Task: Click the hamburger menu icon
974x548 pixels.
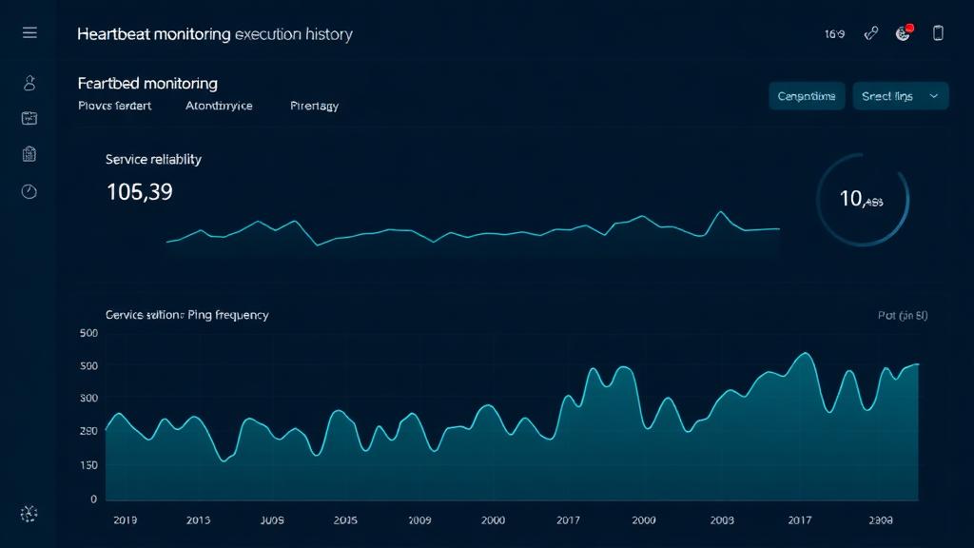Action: (29, 33)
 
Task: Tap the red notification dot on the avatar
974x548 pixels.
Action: (909, 29)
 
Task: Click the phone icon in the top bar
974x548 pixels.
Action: (938, 33)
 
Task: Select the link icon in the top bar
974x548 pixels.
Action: (870, 33)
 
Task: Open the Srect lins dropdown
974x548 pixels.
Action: (900, 96)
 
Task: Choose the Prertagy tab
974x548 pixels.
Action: (314, 106)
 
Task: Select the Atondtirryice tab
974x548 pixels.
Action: (219, 106)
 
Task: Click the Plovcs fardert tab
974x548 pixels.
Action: (114, 106)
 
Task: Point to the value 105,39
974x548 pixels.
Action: (139, 192)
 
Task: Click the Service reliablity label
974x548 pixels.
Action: (153, 159)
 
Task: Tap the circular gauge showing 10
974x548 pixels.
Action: (863, 200)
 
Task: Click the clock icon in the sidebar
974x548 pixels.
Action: (29, 191)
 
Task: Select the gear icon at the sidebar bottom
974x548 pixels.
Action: (29, 514)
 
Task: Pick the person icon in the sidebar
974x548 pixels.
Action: (29, 84)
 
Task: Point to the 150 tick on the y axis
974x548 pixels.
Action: (88, 464)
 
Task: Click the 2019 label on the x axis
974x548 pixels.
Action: (126, 520)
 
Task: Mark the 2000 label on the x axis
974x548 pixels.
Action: (493, 520)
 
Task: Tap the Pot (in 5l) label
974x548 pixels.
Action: (902, 315)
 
